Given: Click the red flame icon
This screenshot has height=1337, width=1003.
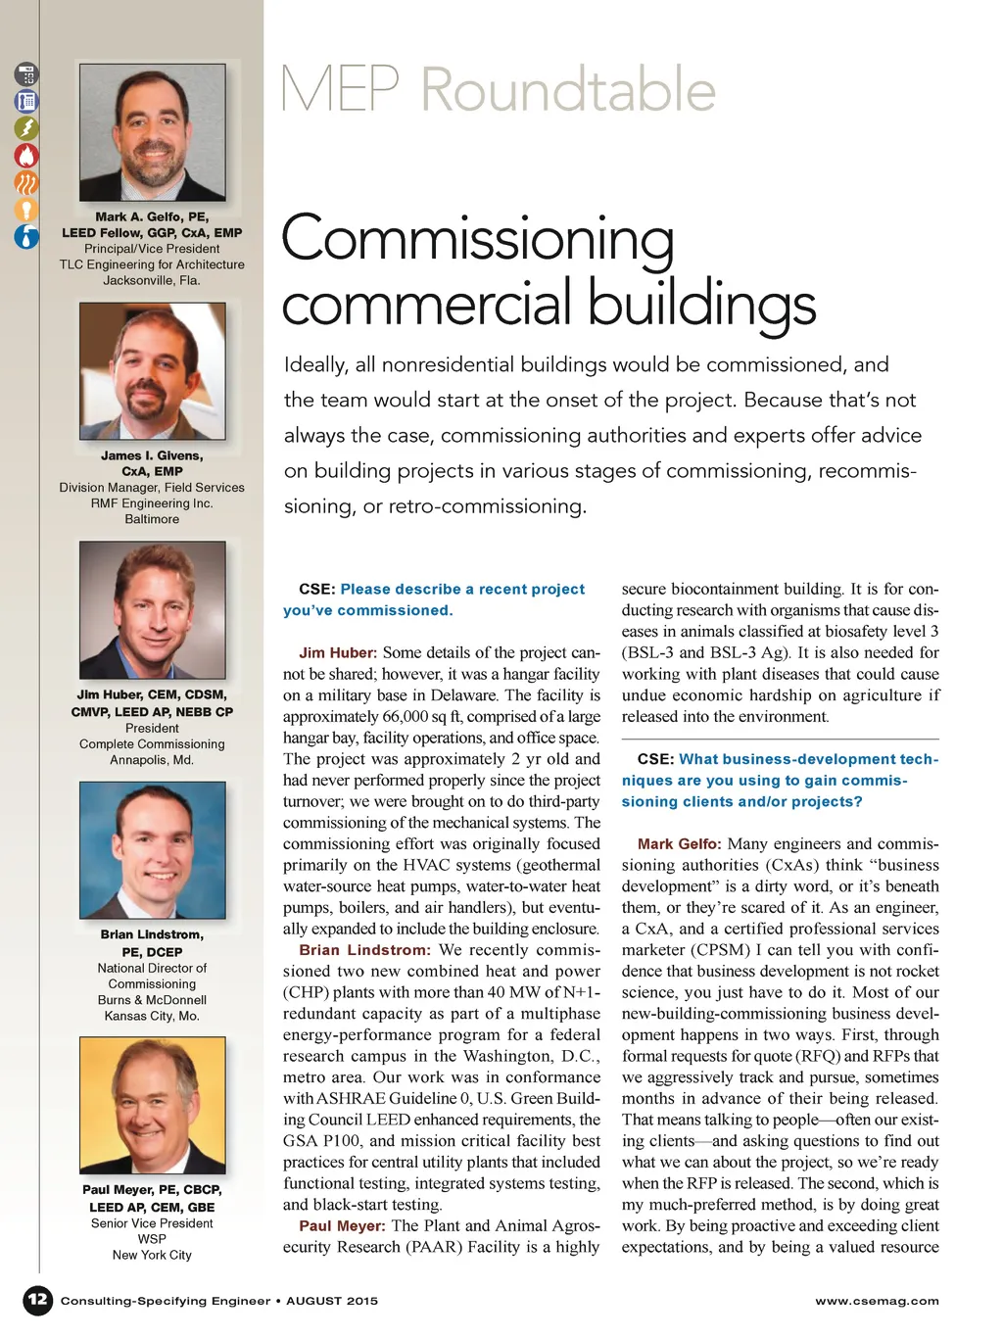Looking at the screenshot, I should pos(26,155).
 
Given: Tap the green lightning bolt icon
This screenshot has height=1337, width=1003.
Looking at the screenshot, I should pos(26,128).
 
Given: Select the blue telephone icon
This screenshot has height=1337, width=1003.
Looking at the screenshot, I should pos(26,102).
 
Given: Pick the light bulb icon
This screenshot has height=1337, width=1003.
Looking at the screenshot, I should pos(26,209).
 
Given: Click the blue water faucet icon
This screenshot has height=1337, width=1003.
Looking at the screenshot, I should pos(26,236).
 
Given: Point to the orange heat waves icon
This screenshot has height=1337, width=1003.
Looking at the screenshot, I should pos(26,182).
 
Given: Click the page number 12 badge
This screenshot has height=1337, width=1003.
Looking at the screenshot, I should pos(37,1300).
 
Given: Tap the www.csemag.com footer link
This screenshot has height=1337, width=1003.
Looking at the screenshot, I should pos(877,1301).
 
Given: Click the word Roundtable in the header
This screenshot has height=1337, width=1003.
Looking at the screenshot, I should pos(568,90).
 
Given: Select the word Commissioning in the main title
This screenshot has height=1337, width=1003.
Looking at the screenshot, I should pos(478,238).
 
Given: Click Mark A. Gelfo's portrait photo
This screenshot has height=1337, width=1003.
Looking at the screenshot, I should pos(152,132).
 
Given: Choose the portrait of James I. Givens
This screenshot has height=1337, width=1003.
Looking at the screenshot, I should pos(152,370).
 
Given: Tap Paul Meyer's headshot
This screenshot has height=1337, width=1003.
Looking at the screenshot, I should pos(152,1105).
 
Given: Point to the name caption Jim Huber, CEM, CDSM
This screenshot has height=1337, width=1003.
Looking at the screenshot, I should pos(152,694).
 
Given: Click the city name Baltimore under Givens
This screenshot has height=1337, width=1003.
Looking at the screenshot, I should pos(152,519).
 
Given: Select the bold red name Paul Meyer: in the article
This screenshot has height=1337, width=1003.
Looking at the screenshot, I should pos(342,1226).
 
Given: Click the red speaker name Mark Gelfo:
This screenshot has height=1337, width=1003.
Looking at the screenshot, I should pos(679,843).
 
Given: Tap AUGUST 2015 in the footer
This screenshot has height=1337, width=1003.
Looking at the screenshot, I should pos(331,1301).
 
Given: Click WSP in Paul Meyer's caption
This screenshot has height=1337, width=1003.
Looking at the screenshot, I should pos(152,1239).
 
